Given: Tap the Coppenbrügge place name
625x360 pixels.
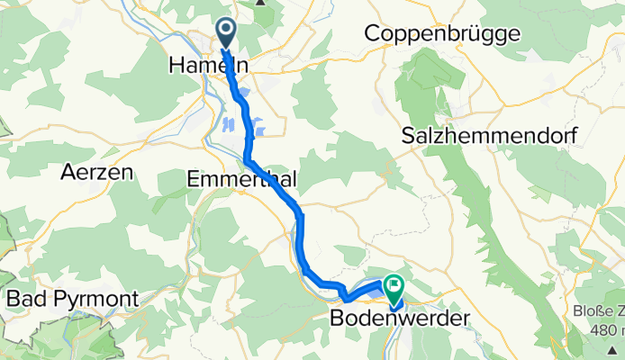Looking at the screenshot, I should [x=442, y=34].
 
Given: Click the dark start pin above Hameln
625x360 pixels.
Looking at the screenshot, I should [x=223, y=34].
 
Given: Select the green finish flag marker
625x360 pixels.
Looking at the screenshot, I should [x=394, y=287].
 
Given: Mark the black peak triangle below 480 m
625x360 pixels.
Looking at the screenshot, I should [x=616, y=348].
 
